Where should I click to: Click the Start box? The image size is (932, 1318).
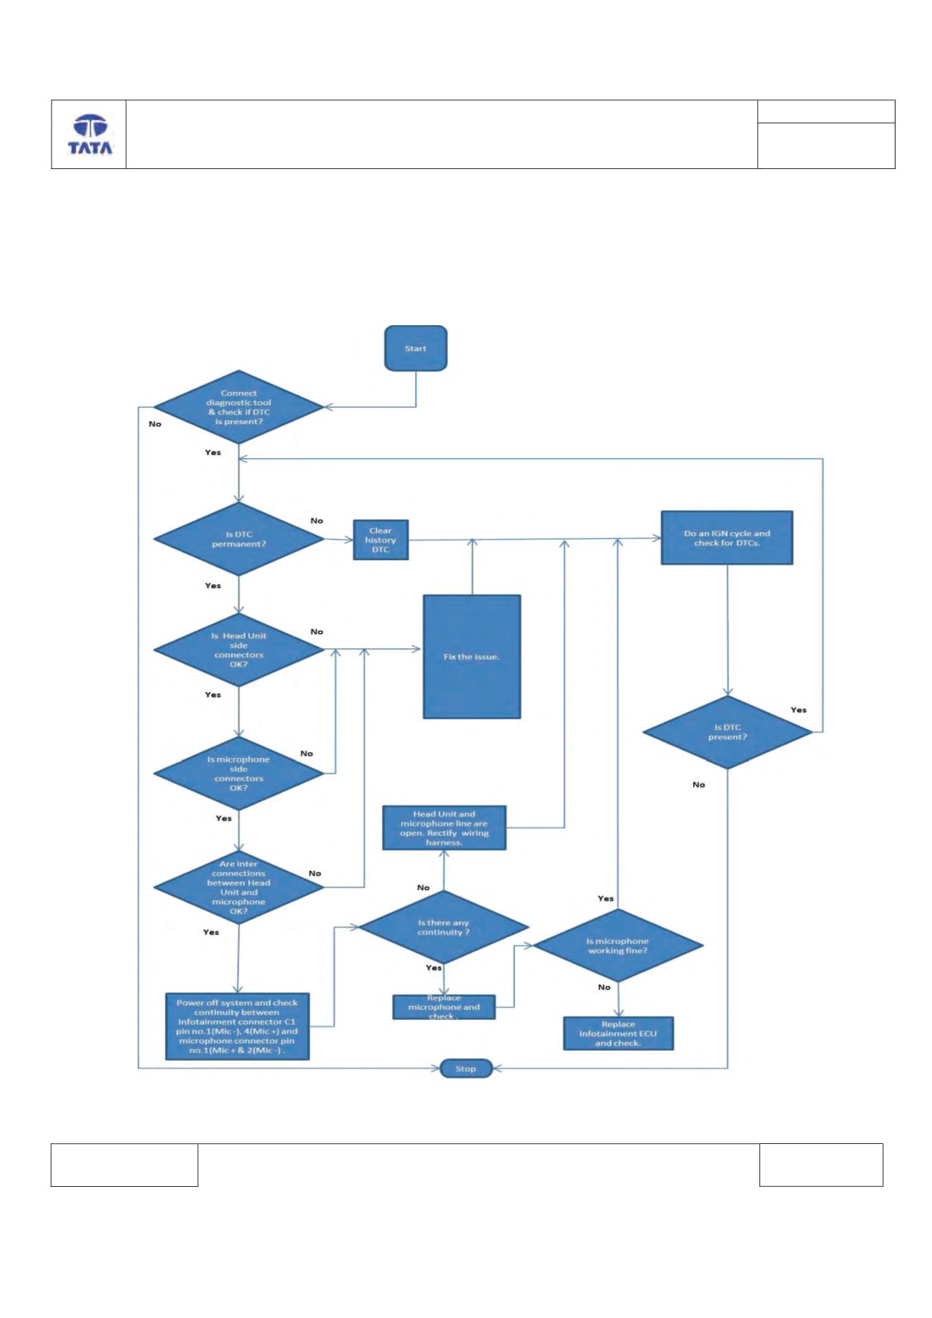tap(415, 349)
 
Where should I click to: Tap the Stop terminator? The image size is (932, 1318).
tap(466, 1069)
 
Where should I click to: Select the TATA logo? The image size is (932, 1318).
tap(90, 135)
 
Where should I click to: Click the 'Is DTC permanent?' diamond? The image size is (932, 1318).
tap(239, 539)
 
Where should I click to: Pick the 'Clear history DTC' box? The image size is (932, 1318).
tap(380, 540)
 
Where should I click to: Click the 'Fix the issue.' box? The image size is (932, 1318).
tap(471, 656)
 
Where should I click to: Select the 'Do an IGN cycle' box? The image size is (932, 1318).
tap(726, 538)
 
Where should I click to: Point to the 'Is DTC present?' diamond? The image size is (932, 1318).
tap(728, 732)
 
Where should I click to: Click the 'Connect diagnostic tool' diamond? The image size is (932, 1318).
tap(239, 408)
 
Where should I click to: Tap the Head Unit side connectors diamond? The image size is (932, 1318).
tap(239, 650)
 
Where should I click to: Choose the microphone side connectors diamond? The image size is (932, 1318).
tap(239, 774)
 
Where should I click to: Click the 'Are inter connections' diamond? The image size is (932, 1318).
tap(239, 888)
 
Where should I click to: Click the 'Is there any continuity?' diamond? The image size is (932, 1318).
tap(443, 928)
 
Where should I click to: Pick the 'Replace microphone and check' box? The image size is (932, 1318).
tap(444, 1007)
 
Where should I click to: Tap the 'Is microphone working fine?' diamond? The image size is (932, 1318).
tap(618, 946)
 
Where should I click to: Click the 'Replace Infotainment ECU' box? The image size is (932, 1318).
tap(618, 1034)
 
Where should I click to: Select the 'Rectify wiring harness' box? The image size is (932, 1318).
tap(444, 828)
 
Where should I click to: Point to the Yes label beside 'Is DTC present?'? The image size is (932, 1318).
tap(798, 710)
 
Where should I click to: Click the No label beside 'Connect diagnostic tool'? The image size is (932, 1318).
tap(155, 424)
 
